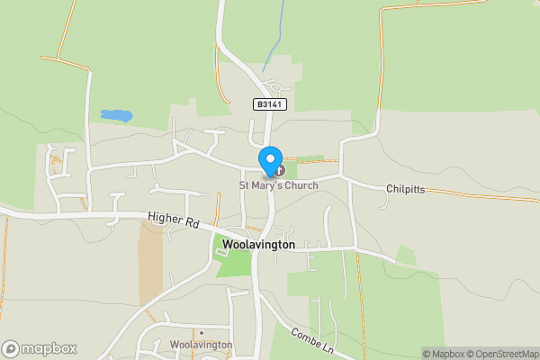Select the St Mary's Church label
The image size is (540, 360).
click(278, 186)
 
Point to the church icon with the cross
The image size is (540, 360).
click(280, 170)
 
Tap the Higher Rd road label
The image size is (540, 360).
click(174, 221)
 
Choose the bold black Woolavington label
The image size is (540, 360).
click(257, 244)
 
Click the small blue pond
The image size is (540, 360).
click(115, 115)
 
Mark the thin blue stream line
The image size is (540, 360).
click(274, 36)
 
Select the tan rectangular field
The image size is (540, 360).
click(151, 261)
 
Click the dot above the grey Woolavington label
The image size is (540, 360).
click(202, 333)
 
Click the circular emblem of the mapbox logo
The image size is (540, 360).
click(11, 348)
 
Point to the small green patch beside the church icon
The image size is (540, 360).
click(309, 160)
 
